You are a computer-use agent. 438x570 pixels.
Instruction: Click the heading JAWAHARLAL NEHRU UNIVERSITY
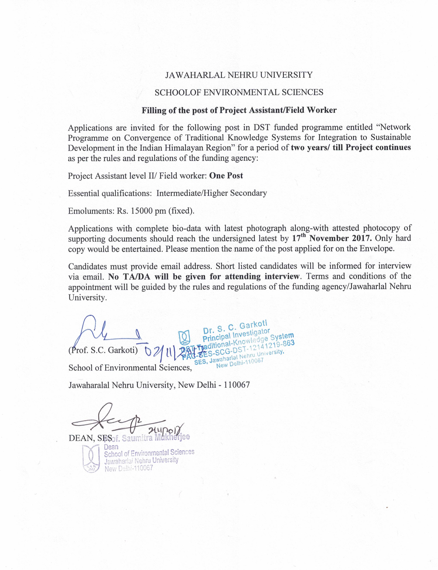(x=239, y=75)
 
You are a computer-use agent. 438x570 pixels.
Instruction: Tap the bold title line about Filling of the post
(x=239, y=110)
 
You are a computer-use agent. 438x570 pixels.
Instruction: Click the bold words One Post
(x=226, y=176)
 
